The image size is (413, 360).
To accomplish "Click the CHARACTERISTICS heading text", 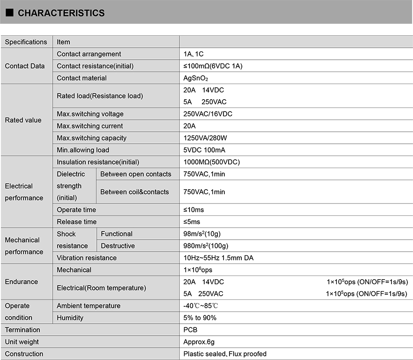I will (61, 13).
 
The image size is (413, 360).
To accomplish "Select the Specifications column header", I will (26, 42).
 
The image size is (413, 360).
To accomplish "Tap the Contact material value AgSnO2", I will (196, 78).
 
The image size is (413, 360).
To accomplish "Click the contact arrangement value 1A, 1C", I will (193, 54).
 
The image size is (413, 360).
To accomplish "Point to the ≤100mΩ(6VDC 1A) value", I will (212, 66).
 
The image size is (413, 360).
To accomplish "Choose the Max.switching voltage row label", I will (90, 114).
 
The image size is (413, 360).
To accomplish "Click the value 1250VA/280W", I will (205, 138).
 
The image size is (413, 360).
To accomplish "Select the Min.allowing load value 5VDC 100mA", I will (204, 150).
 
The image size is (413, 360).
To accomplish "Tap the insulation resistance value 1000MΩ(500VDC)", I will (211, 162).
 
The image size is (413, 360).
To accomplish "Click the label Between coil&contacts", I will (134, 192).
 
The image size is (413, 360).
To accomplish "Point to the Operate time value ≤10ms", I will (193, 210).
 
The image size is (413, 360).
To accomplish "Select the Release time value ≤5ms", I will (191, 222).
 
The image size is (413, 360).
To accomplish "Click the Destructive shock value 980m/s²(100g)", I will (206, 246).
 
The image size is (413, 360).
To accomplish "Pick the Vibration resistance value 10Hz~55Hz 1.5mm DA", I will (218, 258).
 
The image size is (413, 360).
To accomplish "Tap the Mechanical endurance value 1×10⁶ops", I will (197, 270).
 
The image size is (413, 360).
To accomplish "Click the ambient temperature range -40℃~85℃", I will (201, 306).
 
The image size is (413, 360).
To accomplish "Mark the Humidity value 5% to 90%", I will (200, 318).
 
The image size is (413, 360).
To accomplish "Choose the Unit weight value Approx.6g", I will (199, 342).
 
